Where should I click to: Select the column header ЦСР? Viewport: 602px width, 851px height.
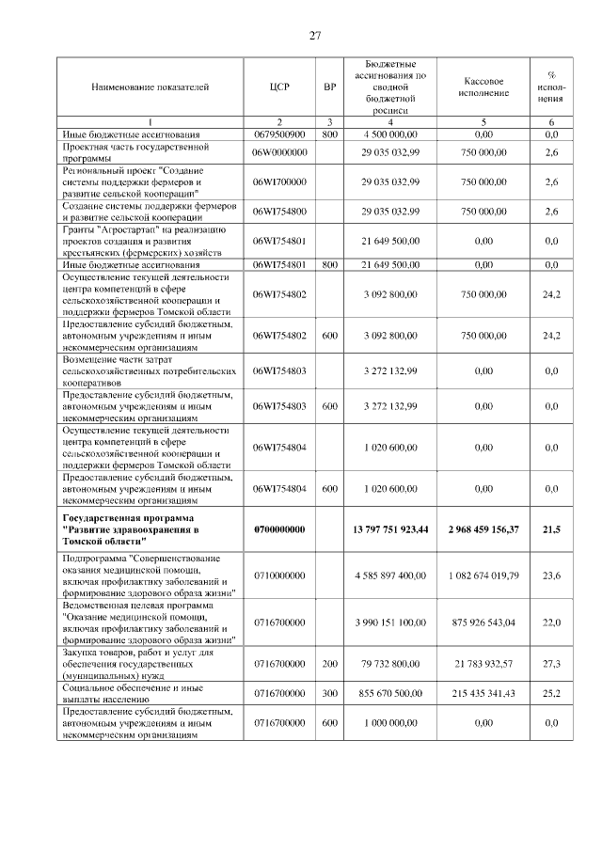coord(279,87)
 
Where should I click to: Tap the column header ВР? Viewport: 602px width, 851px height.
coord(329,87)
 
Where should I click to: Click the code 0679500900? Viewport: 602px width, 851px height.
coord(279,134)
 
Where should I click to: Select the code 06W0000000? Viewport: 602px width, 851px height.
coord(279,152)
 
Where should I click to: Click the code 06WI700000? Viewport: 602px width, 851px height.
coord(279,181)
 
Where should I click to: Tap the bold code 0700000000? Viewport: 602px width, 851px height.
coord(279,530)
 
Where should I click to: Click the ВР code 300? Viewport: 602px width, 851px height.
coord(329,692)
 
